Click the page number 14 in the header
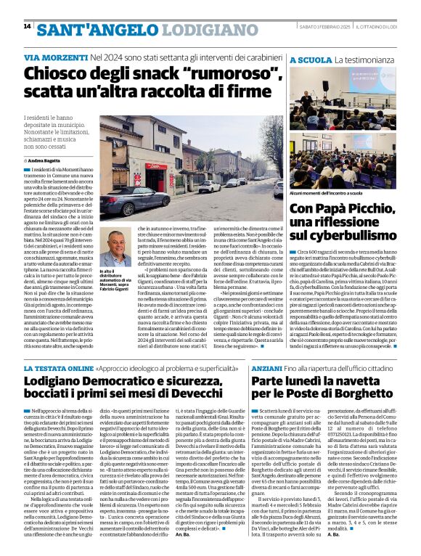point(27,27)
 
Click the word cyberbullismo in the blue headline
point(353,235)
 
